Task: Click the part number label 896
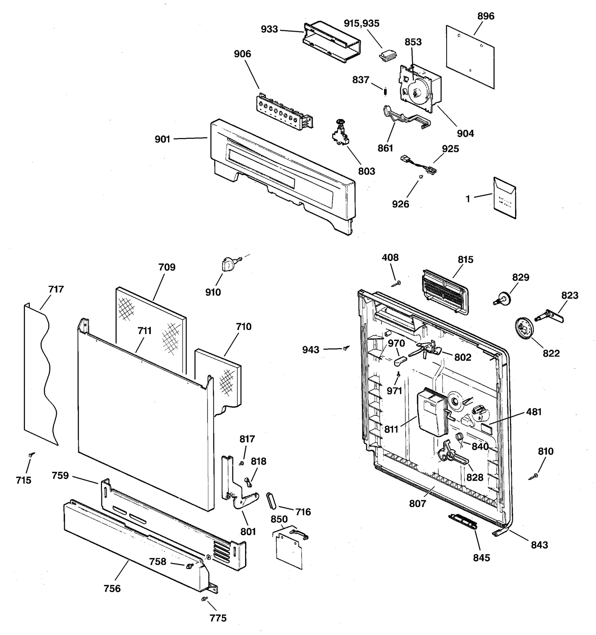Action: [486, 16]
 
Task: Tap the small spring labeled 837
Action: [386, 91]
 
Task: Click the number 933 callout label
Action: [269, 29]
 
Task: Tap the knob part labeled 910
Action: [226, 264]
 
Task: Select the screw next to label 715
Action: [32, 455]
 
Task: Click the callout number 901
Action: [162, 139]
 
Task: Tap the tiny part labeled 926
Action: [421, 177]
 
